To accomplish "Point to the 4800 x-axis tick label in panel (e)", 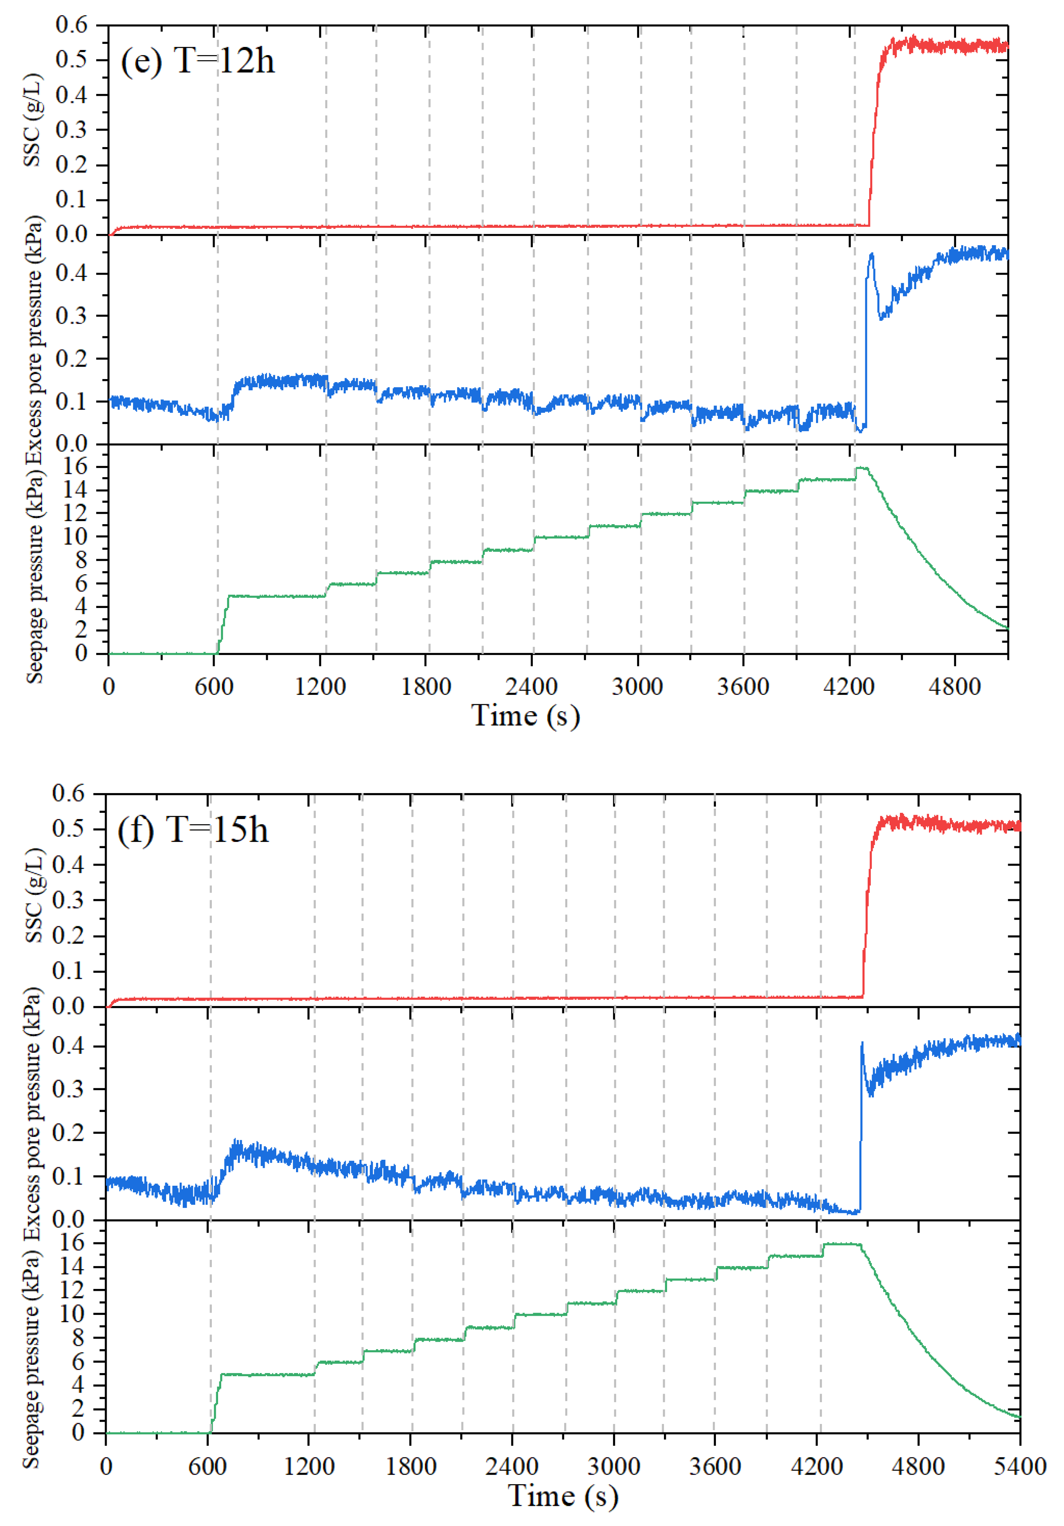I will [954, 686].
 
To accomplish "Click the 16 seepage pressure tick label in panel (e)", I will [75, 467].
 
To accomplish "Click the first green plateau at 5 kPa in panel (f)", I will [266, 1374].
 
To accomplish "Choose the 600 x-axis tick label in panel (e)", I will [214, 686].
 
